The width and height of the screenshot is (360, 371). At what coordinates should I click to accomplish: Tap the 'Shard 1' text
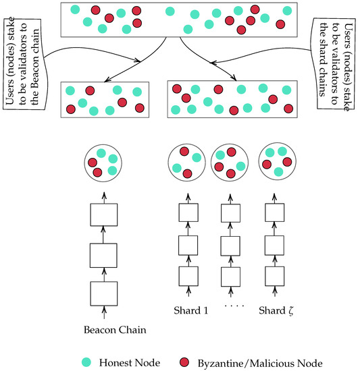pyautogui.click(x=187, y=312)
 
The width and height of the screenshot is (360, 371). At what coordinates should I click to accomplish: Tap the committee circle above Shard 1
pyautogui.click(x=187, y=162)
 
